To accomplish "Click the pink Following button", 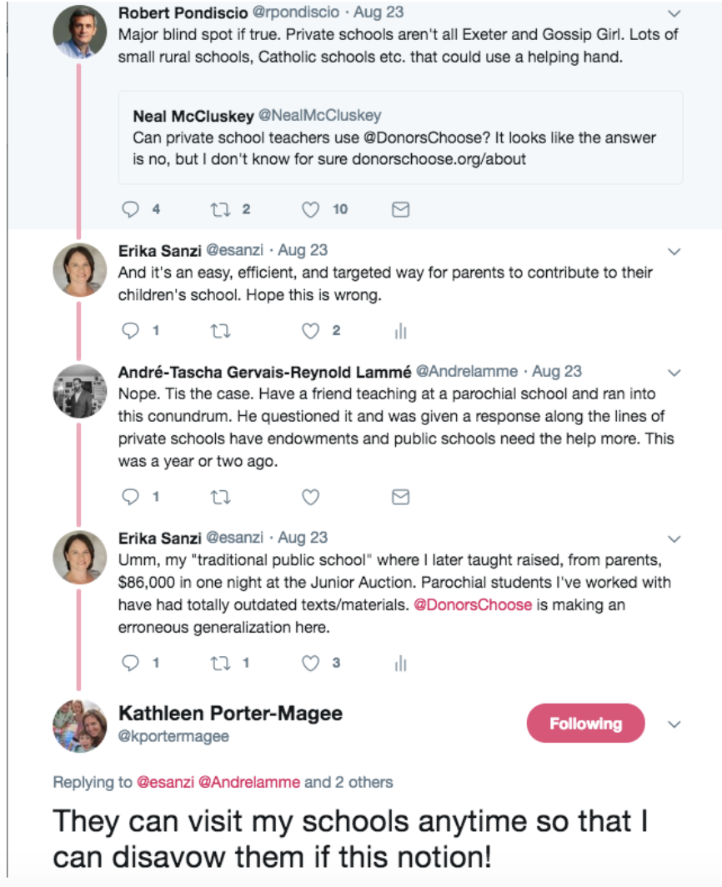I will point(585,724).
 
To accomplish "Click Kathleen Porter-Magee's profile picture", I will point(80,725).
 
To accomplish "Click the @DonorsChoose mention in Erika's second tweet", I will point(473,604).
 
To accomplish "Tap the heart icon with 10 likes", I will point(310,210).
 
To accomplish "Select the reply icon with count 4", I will point(130,210).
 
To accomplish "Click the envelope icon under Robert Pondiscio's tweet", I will point(400,210).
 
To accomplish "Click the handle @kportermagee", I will point(173,736).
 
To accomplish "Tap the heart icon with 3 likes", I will point(310,664).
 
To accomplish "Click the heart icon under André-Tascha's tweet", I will point(310,498).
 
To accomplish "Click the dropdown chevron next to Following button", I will point(674,724).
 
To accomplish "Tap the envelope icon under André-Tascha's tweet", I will point(400,498).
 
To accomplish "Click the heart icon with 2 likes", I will point(310,331).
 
